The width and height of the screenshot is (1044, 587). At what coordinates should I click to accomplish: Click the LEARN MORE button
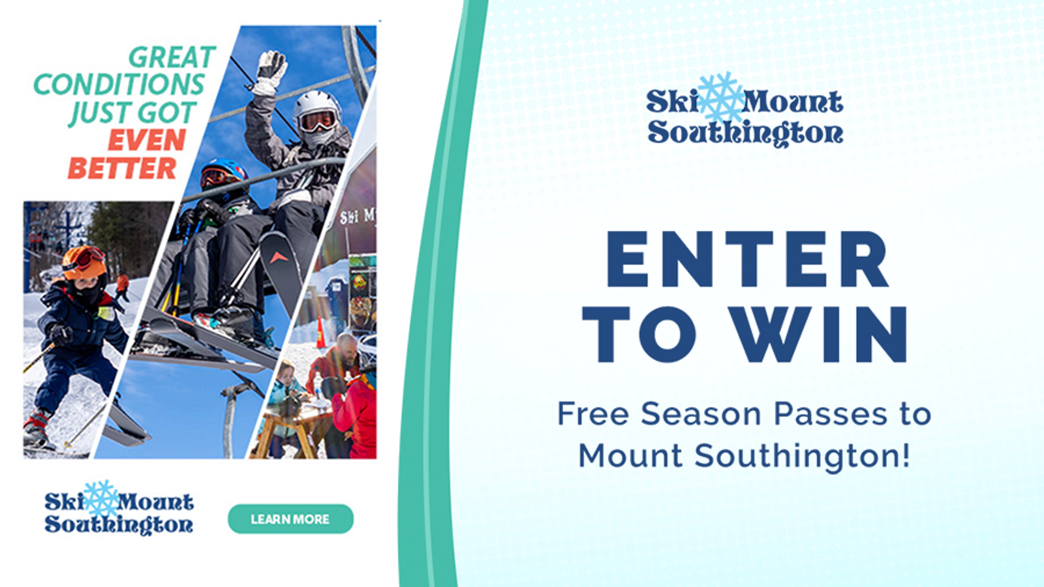point(290,519)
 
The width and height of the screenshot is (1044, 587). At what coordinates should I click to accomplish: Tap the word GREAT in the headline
point(172,58)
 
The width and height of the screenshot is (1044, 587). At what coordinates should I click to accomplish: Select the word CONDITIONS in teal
point(119,85)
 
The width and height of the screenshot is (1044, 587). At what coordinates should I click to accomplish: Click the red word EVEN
point(147,140)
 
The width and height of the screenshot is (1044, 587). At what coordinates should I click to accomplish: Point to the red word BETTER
point(122,168)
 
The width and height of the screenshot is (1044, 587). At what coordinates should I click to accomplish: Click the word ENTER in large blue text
point(748,259)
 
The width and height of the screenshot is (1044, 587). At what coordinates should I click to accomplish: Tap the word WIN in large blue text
point(818,335)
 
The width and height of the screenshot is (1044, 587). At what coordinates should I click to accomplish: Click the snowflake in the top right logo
point(720,98)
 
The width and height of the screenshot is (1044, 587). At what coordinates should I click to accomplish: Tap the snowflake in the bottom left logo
point(101,498)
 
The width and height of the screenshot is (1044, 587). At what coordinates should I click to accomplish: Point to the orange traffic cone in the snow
point(320,333)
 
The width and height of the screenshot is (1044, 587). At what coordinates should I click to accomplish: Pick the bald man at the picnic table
point(339,361)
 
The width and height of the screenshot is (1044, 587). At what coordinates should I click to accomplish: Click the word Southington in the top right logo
point(745,133)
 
